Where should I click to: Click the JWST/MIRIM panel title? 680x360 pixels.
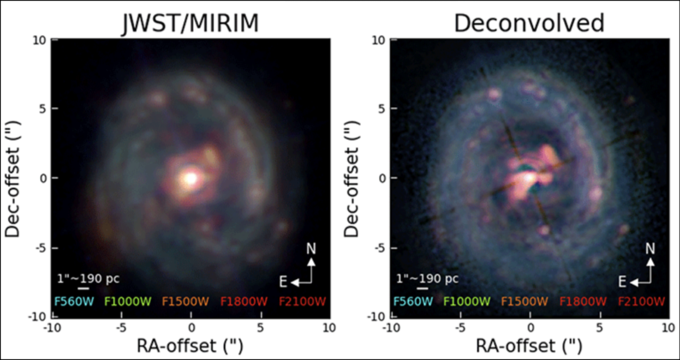coord(190,23)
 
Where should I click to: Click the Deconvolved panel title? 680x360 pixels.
coord(529,23)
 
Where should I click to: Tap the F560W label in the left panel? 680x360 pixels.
coord(74,302)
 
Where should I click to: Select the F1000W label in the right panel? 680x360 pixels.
coord(467,302)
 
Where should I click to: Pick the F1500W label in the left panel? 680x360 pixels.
coord(186,302)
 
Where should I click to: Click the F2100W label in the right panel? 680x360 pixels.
coord(641,302)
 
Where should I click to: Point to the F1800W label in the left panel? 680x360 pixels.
coord(244,302)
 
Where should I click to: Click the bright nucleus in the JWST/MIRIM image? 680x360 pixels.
coord(190,178)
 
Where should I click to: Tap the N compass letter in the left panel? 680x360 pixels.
coord(311,249)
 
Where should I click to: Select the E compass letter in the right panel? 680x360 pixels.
coord(622,282)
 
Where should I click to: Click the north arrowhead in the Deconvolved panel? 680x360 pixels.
coord(650,262)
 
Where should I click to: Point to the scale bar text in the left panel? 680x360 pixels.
coord(88,279)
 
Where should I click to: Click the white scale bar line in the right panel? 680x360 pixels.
coord(422,289)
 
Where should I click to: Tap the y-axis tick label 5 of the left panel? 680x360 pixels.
coord(43,109)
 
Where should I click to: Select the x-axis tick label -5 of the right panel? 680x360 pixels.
coord(460,328)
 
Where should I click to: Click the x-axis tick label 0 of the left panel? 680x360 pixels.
coord(191,328)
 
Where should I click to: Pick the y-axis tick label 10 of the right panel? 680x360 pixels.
coord(379,40)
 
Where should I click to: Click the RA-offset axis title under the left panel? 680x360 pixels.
coord(190,346)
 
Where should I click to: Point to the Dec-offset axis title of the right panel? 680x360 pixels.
coord(351,179)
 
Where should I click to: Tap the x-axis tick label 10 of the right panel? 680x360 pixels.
coord(669,328)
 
